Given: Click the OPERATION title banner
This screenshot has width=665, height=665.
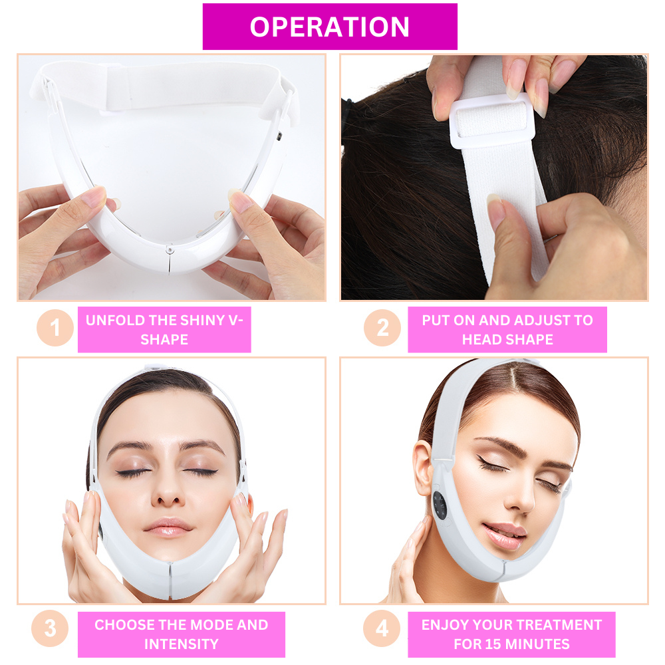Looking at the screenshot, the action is point(330,27).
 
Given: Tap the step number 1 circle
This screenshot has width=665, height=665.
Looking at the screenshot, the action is point(55,328).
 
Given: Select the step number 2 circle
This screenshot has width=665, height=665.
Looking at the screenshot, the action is point(382,328).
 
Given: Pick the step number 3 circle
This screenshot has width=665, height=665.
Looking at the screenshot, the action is point(50,628).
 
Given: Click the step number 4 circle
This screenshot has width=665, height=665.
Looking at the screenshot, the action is point(382,628).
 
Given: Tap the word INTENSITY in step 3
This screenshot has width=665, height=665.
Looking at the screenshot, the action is point(182,644).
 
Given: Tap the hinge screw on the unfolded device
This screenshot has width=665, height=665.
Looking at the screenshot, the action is point(170,249).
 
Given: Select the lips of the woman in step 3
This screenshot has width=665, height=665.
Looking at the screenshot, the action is point(168,526).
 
